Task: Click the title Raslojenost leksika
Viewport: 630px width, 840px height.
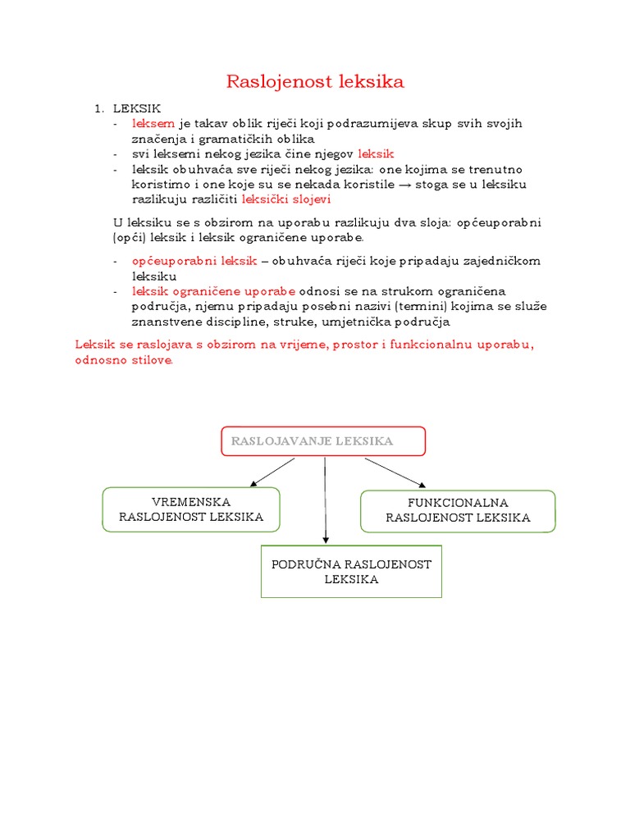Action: click(x=315, y=81)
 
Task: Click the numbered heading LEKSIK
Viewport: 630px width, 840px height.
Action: click(x=137, y=108)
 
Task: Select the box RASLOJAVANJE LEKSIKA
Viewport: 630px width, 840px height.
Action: click(x=323, y=441)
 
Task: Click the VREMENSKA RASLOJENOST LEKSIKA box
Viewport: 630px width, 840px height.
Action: click(x=191, y=509)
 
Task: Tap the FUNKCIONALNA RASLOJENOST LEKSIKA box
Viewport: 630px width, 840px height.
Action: click(x=458, y=510)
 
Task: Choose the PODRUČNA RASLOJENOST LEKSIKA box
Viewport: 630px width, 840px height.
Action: click(x=351, y=571)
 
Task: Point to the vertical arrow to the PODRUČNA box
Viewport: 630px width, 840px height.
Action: click(x=326, y=500)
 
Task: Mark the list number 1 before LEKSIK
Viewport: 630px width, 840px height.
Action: click(x=98, y=108)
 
